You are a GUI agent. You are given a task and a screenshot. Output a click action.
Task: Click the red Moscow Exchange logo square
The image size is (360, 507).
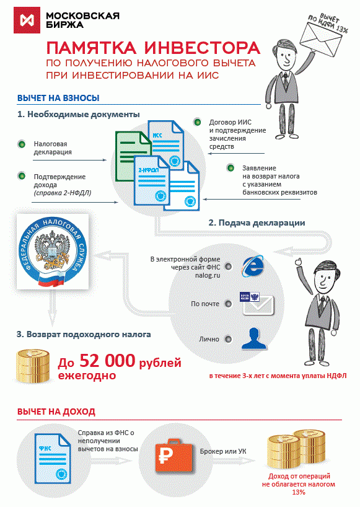[27, 20]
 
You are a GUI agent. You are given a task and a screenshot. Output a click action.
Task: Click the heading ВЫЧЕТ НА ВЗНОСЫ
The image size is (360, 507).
[58, 98]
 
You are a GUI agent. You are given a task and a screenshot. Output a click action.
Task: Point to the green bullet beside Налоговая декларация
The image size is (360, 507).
[22, 144]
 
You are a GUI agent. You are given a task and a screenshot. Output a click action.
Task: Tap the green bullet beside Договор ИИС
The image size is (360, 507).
[197, 123]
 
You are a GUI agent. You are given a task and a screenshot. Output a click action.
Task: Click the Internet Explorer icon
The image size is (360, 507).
[252, 266]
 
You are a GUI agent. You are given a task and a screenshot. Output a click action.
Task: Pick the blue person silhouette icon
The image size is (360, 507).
[254, 338]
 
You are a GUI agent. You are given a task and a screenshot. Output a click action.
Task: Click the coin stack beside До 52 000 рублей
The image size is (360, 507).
[33, 367]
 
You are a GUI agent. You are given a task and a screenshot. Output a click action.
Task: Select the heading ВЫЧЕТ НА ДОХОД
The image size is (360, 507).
[56, 412]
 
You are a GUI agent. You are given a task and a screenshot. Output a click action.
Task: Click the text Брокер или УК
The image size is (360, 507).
[223, 451]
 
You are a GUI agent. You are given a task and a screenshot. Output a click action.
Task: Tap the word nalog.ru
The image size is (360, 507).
[208, 275]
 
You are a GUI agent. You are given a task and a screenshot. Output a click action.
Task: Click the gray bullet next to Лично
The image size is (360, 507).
[228, 339]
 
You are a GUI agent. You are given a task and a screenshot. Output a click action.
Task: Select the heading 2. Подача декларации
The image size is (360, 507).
[257, 223]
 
